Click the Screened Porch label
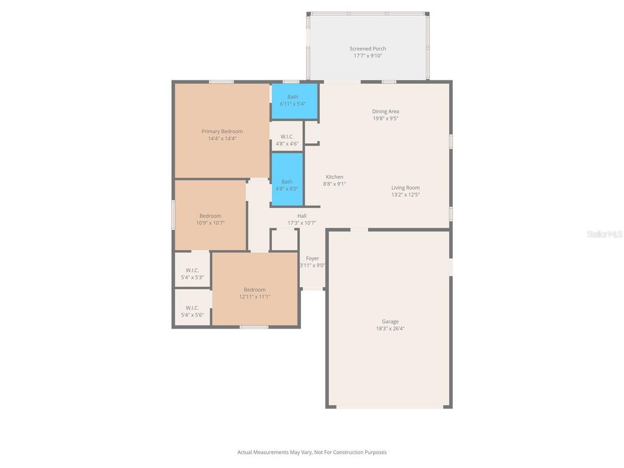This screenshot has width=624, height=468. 367,49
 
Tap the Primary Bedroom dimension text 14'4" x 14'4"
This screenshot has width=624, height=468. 222,138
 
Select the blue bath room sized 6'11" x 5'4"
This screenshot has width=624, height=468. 294,101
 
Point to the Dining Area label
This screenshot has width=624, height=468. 386,112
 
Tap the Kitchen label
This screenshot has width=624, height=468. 334,177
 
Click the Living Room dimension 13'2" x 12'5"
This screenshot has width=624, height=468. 405,195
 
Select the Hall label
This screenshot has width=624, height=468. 302,216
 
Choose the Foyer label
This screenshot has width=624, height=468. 312,258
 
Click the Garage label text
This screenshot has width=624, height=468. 390,322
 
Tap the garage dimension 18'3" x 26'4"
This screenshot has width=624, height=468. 390,328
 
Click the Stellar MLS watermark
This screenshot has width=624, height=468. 604,234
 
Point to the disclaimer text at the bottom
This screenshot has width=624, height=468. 312,452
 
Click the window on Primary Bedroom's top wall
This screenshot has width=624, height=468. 221,82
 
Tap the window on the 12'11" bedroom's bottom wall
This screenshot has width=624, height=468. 253,327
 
